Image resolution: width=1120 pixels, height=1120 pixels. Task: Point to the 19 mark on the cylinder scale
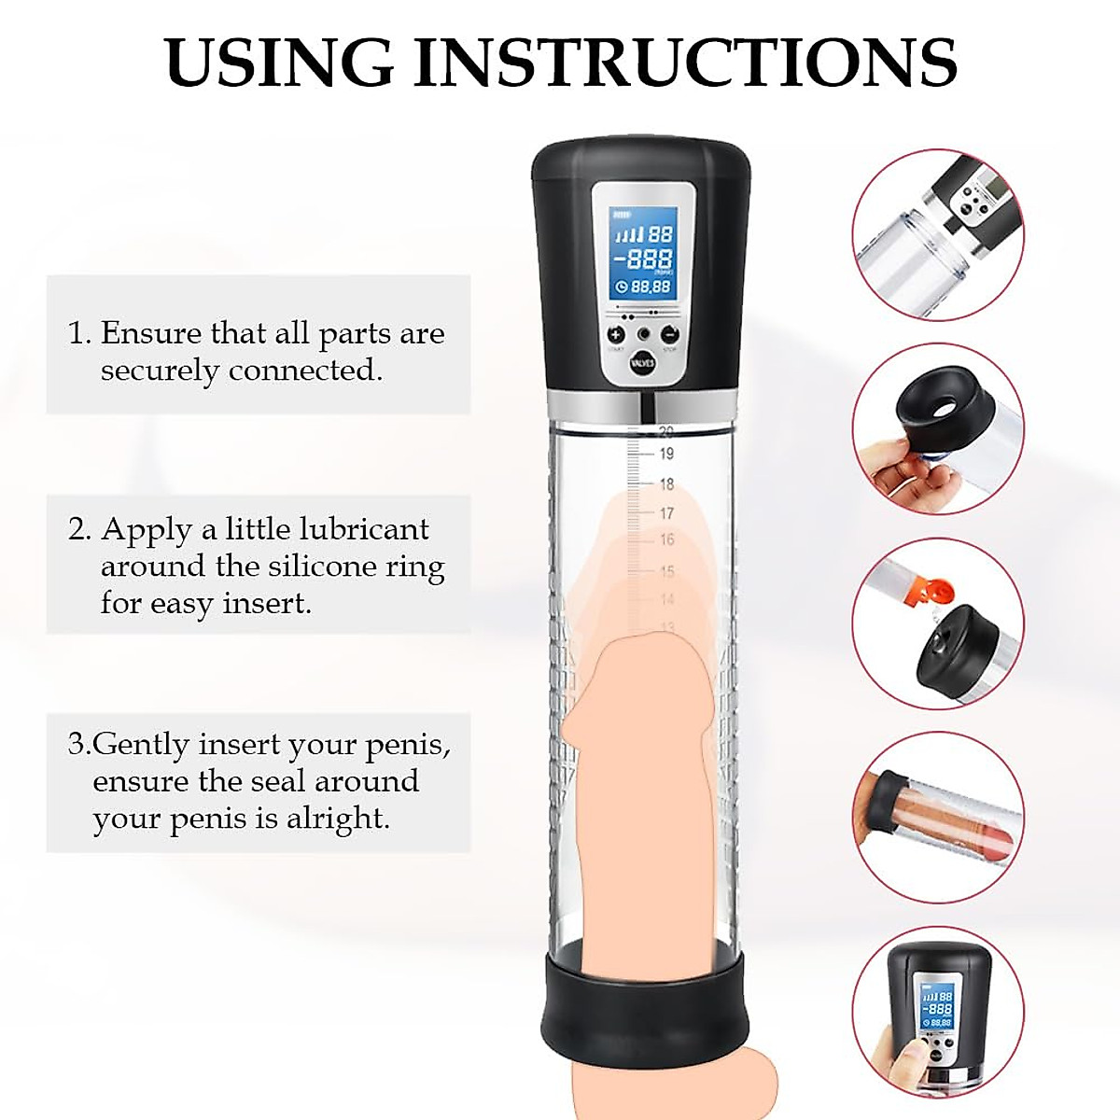coord(666,454)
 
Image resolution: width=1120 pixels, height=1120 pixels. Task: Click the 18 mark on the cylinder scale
coord(666,483)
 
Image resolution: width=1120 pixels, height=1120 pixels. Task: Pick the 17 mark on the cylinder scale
coord(666,512)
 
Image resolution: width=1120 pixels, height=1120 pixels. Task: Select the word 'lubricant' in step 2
coord(363,529)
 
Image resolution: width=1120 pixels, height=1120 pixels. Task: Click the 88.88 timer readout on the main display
coord(650,287)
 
